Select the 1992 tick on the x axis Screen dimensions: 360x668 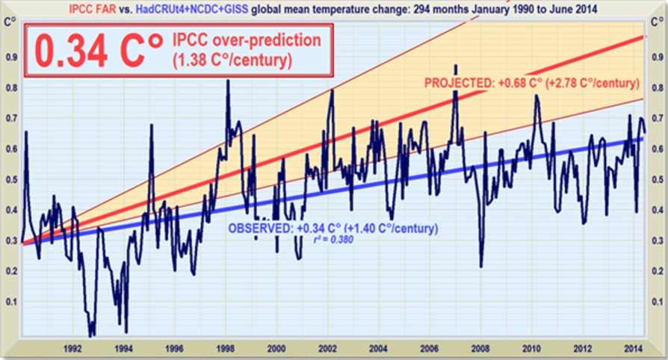point(72,348)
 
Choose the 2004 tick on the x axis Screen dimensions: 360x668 point(378,348)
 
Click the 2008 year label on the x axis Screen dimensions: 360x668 point(480,348)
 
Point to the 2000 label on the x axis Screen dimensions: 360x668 point(276,348)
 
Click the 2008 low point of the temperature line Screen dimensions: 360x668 point(481,266)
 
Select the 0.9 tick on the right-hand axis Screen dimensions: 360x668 point(658,56)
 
